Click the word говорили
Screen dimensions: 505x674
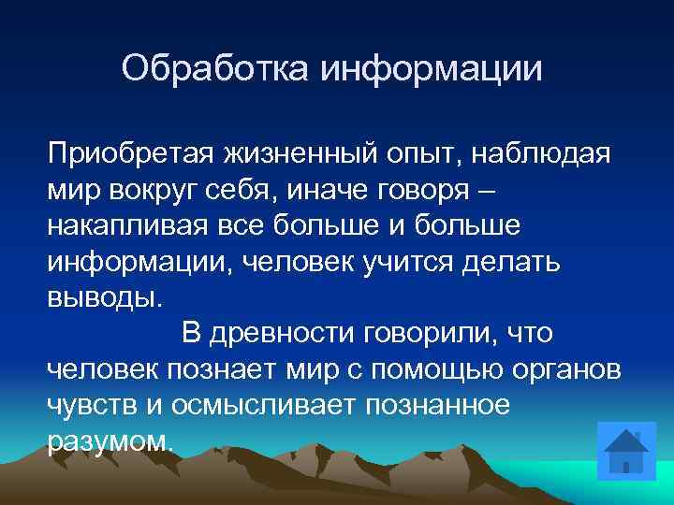tap(437, 333)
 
